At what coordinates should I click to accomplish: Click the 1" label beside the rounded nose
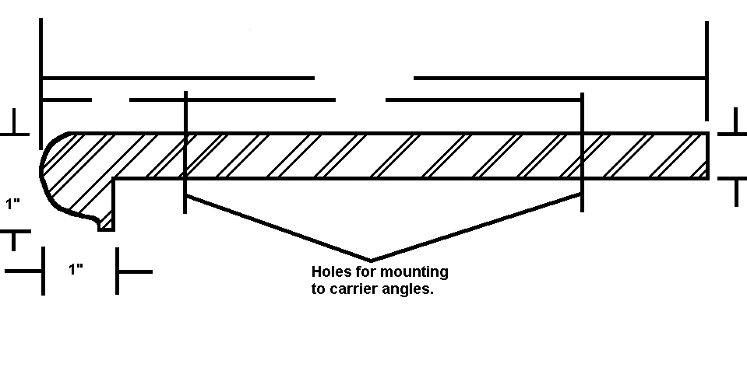pos(13,204)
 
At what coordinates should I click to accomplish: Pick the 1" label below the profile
pos(76,269)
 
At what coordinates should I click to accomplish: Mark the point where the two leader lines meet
pos(371,261)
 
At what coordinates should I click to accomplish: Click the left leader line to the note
pos(278,228)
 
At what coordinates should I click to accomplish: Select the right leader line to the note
pos(476,227)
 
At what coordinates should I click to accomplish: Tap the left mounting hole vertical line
pos(185,152)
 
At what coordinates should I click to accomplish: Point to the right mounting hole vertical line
pos(582,152)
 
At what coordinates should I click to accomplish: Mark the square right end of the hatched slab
pos(707,156)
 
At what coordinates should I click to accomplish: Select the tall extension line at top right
pos(707,71)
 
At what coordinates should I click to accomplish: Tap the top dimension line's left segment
pos(178,78)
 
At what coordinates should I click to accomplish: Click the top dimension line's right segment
pos(560,78)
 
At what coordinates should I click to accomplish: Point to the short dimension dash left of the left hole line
pos(67,100)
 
